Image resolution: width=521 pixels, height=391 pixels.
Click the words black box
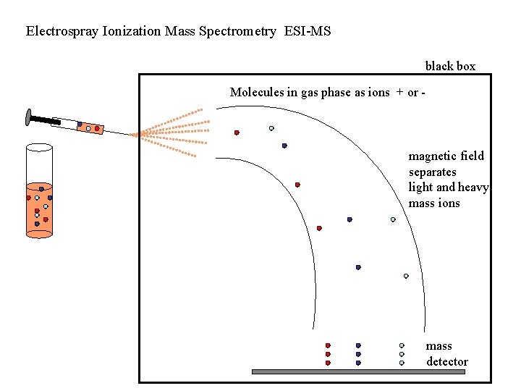[450, 66]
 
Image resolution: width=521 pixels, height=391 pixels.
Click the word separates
[433, 172]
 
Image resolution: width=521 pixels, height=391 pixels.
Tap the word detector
[447, 361]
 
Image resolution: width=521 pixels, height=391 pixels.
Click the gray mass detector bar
[357, 371]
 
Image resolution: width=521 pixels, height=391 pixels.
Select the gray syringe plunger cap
[28, 115]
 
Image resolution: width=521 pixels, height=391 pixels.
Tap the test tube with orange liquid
[39, 210]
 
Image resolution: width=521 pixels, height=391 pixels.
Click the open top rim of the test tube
[39, 148]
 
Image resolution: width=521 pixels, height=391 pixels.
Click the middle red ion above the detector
[328, 354]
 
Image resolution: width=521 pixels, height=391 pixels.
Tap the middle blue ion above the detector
[358, 354]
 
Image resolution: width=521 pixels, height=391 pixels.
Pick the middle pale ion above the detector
[402, 354]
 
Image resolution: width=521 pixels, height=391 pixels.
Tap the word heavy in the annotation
[473, 188]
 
